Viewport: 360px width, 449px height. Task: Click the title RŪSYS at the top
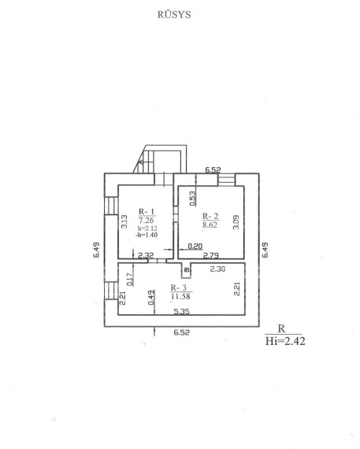pos(174,14)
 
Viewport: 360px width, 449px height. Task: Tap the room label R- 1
pos(147,212)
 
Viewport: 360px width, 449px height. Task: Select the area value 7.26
pos(147,221)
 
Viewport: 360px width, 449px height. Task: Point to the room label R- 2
pos(210,216)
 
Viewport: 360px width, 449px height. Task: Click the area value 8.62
pos(210,224)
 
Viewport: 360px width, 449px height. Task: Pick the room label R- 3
pos(179,288)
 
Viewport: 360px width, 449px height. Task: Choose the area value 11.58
pos(180,296)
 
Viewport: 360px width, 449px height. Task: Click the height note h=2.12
pos(147,228)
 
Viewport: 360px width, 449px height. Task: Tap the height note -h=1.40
pos(147,235)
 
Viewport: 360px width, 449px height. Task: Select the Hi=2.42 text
pos(285,341)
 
